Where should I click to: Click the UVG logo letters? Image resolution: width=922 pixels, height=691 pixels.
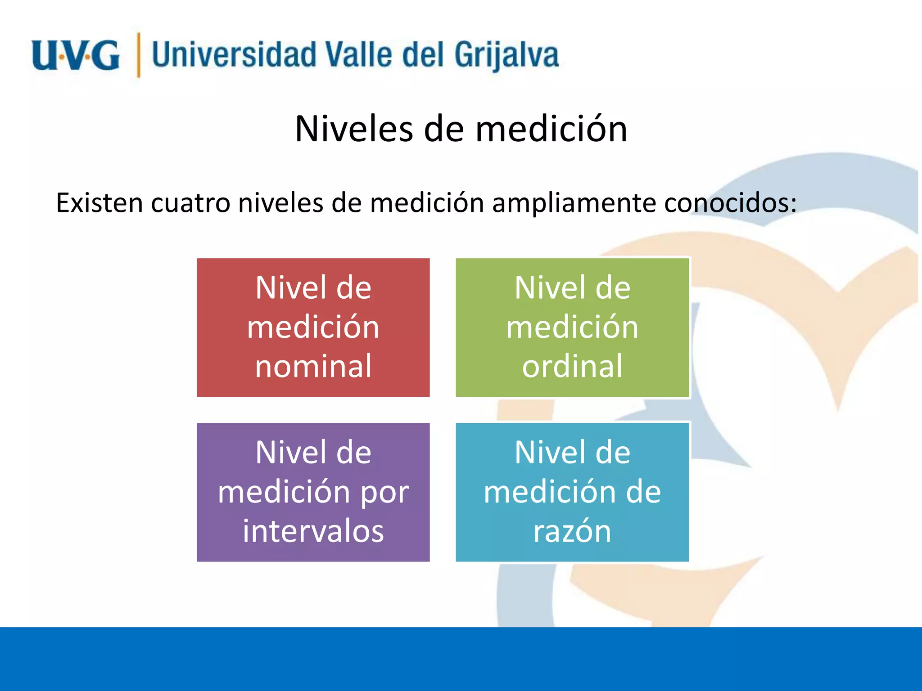click(76, 55)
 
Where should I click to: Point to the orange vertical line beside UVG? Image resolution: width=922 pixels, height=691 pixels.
click(139, 55)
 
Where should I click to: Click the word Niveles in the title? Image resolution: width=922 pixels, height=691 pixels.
click(354, 129)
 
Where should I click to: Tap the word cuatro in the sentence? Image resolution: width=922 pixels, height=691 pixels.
click(191, 203)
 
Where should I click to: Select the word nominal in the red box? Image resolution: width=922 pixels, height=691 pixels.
click(313, 366)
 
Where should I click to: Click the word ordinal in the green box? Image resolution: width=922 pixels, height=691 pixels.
click(572, 366)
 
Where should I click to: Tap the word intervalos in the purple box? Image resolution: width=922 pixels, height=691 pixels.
click(313, 531)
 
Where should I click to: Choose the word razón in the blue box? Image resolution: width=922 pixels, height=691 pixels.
click(572, 531)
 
